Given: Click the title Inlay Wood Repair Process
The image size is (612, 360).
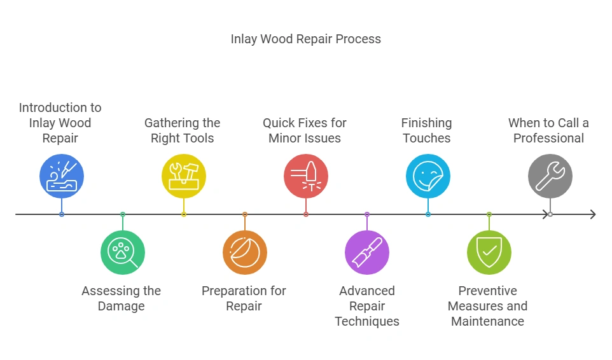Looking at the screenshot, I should coord(305,39).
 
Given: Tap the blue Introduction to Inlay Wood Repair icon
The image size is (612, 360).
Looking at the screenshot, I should coord(62,176).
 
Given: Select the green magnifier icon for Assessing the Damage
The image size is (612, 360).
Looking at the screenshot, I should coord(123,253).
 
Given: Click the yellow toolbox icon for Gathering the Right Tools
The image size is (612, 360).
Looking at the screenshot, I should coord(184,176).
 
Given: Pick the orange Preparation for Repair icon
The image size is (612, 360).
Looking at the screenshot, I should coord(245,253).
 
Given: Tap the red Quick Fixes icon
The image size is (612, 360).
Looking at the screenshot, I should coord(306,176).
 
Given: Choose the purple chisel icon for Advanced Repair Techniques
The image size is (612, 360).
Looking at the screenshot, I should coord(367,253).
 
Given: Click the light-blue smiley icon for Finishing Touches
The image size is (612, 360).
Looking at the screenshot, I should coord(428,176).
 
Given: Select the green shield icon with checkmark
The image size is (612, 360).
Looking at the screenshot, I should coord(489,253).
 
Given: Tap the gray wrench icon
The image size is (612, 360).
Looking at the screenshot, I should coord(550,176).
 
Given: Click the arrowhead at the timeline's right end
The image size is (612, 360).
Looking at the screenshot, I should coord(592,214).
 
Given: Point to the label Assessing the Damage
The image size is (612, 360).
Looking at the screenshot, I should coord(122,298).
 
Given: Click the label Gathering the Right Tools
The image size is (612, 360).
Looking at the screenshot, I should coord(183,130).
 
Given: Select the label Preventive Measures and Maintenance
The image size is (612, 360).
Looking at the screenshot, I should coord(488,306).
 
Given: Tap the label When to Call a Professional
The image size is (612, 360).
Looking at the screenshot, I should coord(549,130).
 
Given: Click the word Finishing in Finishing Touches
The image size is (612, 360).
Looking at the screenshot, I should coord(426,123).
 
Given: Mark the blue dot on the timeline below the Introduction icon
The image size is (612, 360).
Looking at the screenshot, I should coord(62,214).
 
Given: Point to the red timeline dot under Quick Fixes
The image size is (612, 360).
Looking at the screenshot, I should coord(306,214).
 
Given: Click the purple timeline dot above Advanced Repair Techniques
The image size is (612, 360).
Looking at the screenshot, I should coord(367,214).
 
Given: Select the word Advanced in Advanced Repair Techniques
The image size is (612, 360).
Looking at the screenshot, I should coord(367,291).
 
